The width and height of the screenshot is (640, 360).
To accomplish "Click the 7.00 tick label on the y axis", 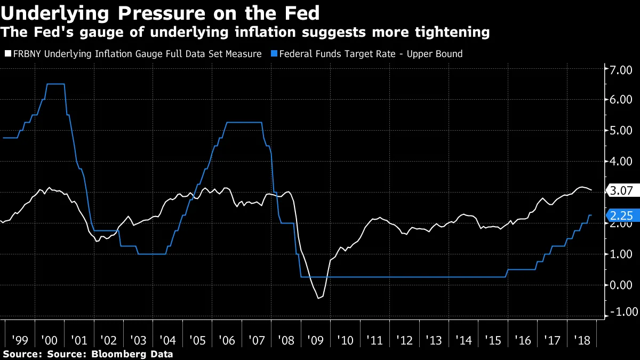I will pos(622,69).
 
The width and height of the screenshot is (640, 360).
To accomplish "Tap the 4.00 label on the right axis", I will pos(622,161).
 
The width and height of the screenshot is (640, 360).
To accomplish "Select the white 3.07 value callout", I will pos(621,190).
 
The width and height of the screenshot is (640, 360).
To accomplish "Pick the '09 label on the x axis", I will pos(314,339).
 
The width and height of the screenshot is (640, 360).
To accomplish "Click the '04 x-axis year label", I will pos(167,339).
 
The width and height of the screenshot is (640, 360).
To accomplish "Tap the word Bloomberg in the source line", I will pos(114,354).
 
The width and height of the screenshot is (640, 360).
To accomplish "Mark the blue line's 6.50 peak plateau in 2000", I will pos(55,84).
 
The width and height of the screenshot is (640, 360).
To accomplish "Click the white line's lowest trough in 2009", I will pos(319,298).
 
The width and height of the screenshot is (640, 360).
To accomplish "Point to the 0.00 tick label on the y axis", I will pos(622,284).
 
